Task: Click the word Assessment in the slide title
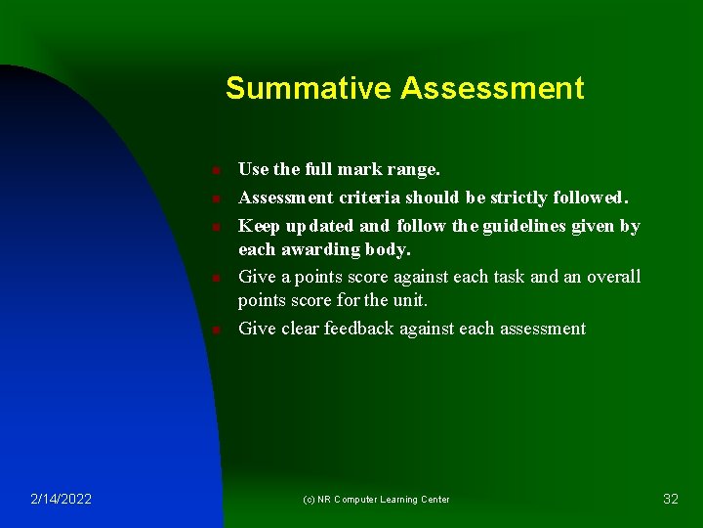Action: (492, 89)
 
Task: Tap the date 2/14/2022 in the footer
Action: (61, 499)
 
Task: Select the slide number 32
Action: (671, 499)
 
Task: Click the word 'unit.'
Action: (410, 299)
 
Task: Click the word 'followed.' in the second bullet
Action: (594, 198)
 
